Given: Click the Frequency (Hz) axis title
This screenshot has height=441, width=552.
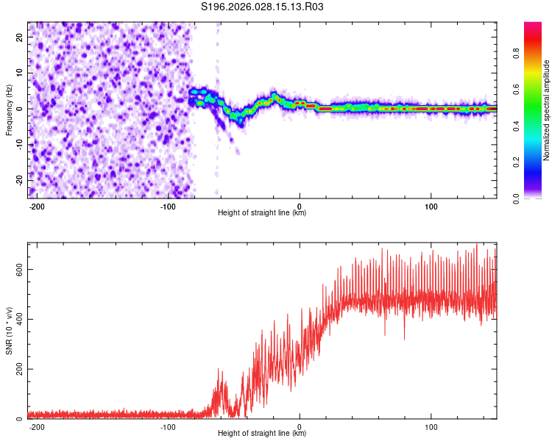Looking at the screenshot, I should coord(10,110).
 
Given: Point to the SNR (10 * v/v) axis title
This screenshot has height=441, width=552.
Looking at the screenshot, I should coord(10,330).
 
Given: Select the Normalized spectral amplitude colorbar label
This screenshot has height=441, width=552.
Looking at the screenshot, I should coord(547,110).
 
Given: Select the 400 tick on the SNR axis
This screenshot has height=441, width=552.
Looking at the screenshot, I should coord(17,319).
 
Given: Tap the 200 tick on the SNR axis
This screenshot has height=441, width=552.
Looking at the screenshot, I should coord(17,369).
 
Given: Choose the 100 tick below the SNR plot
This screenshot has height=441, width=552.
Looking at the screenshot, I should coord(431,426).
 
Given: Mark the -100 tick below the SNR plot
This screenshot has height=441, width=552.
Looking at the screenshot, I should coord(168,426).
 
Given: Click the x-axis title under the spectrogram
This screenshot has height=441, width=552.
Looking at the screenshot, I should coord(262,213).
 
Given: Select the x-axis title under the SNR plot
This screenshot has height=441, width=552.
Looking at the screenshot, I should coord(262,434).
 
